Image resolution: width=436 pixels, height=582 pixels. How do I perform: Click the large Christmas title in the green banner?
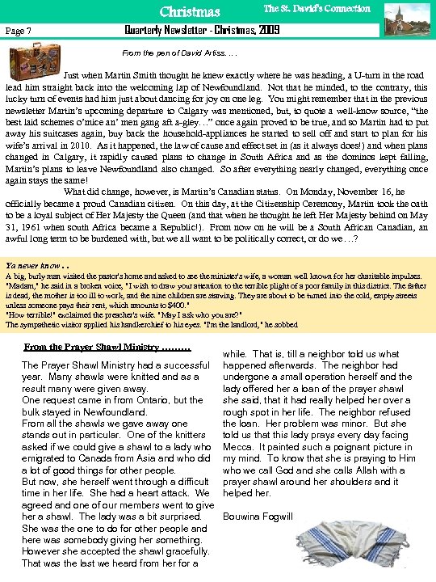click(x=189, y=11)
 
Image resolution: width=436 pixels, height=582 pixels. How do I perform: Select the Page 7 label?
click(x=18, y=30)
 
